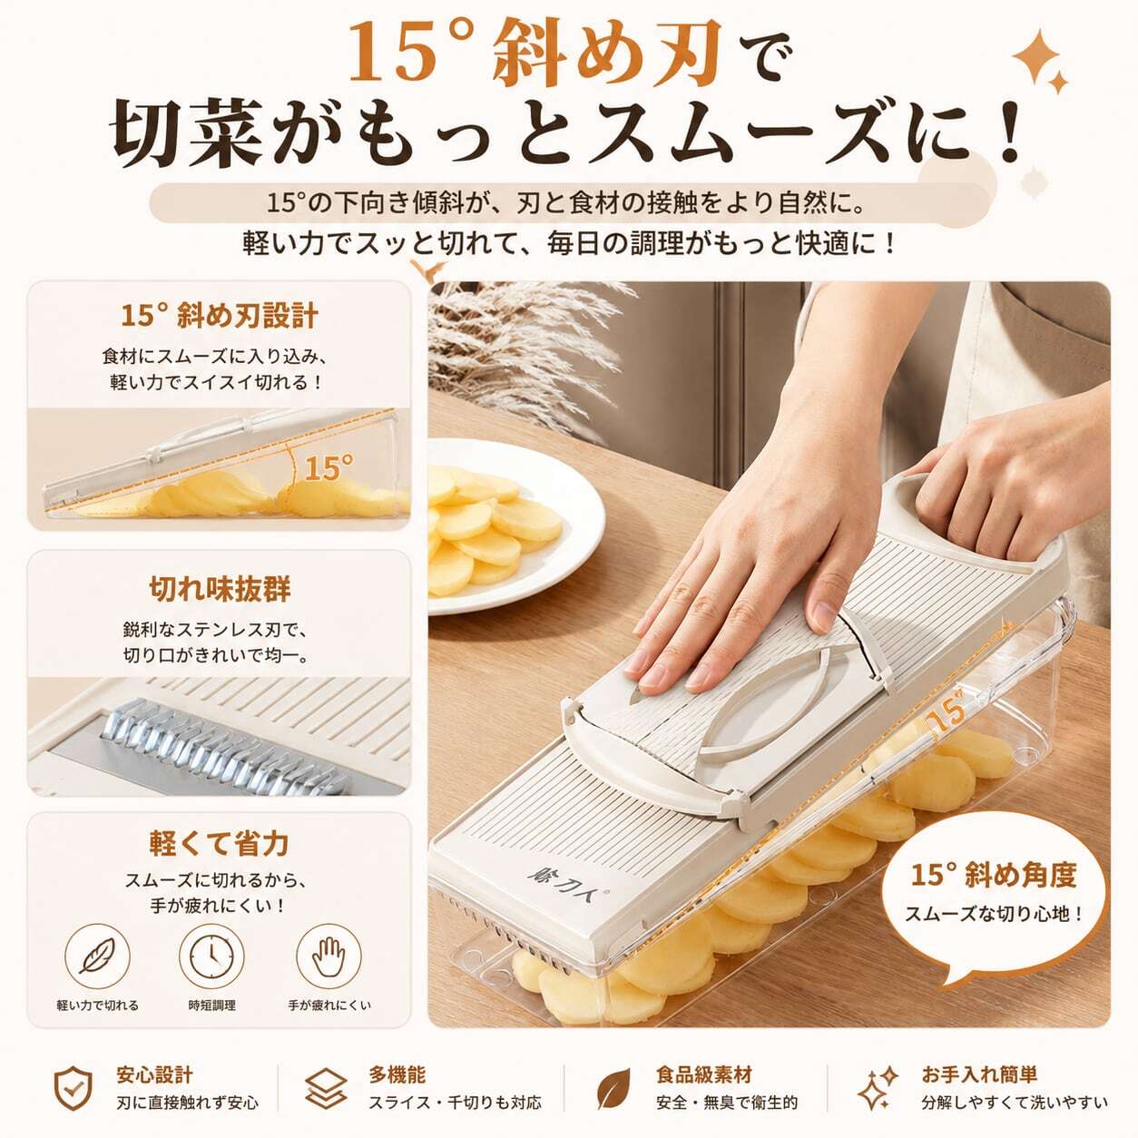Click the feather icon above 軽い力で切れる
point(97,957)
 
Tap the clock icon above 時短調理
point(211,957)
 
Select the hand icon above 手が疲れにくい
point(329,957)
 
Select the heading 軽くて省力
point(219,843)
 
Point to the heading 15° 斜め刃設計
point(219,315)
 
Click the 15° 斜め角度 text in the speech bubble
point(994,874)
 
